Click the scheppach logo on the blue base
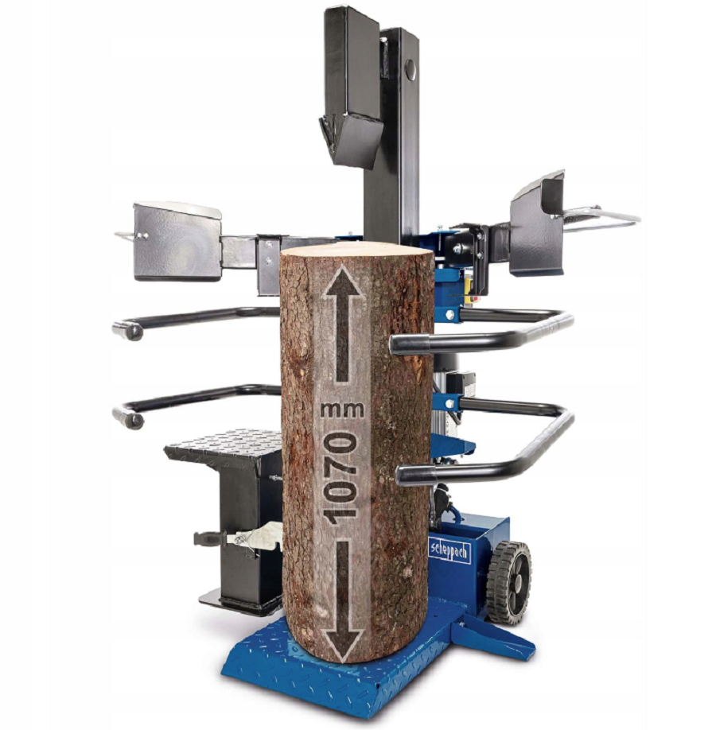(449, 552)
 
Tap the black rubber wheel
(509, 582)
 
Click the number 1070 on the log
(341, 479)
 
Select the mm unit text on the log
(342, 410)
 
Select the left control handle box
(177, 241)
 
